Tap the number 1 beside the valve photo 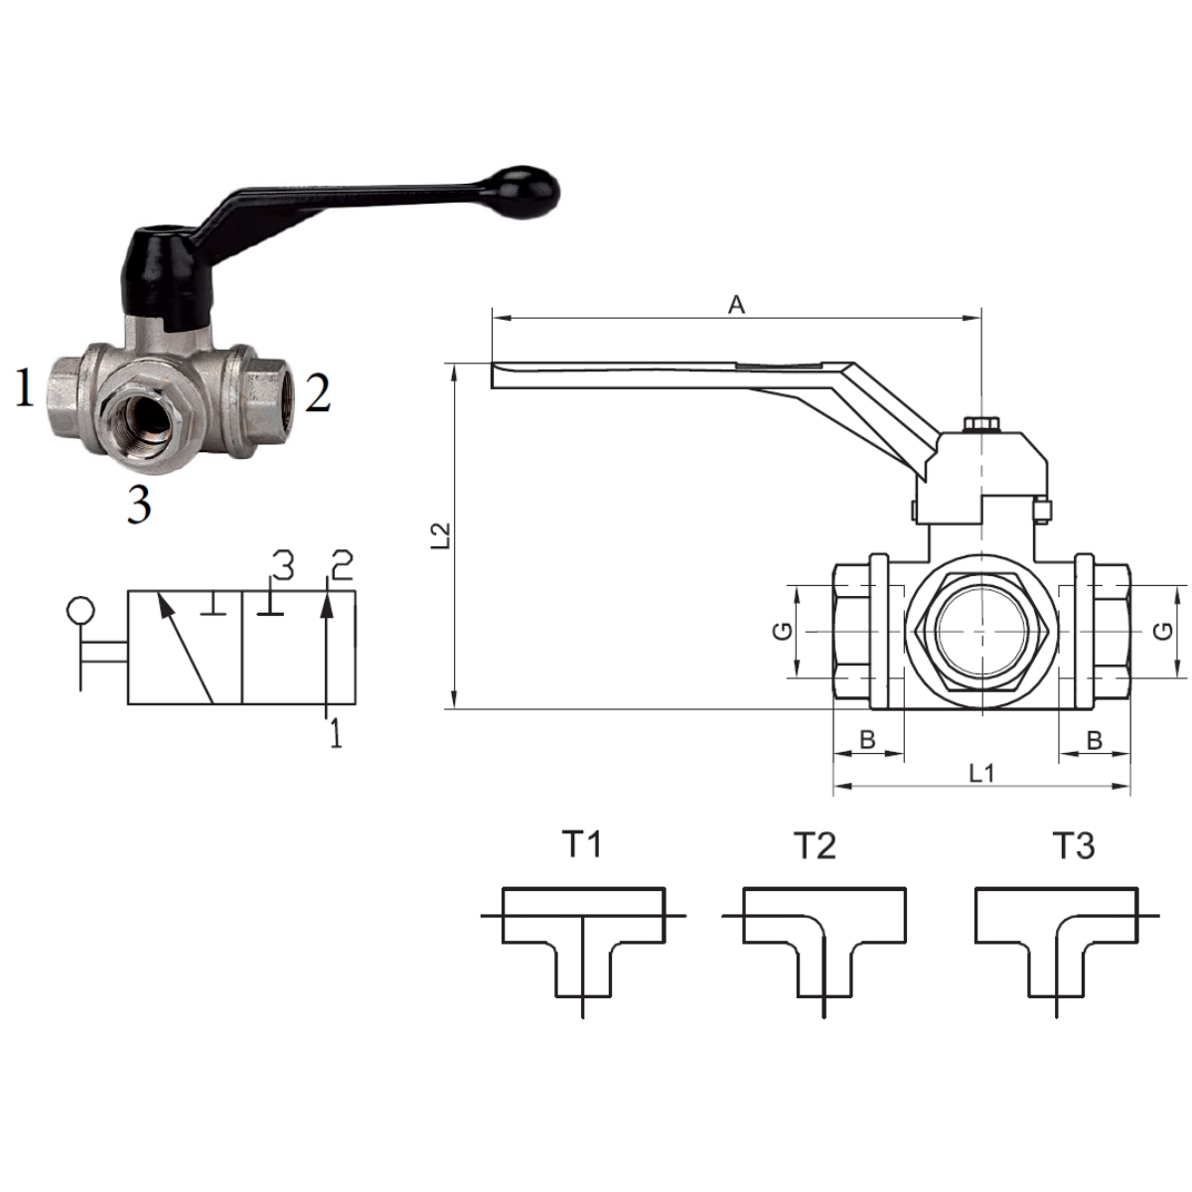[24, 387]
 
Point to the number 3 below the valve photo [138, 503]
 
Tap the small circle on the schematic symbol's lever [80, 609]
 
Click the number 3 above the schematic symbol [282, 565]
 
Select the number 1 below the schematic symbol [336, 733]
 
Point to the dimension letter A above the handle [736, 304]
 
